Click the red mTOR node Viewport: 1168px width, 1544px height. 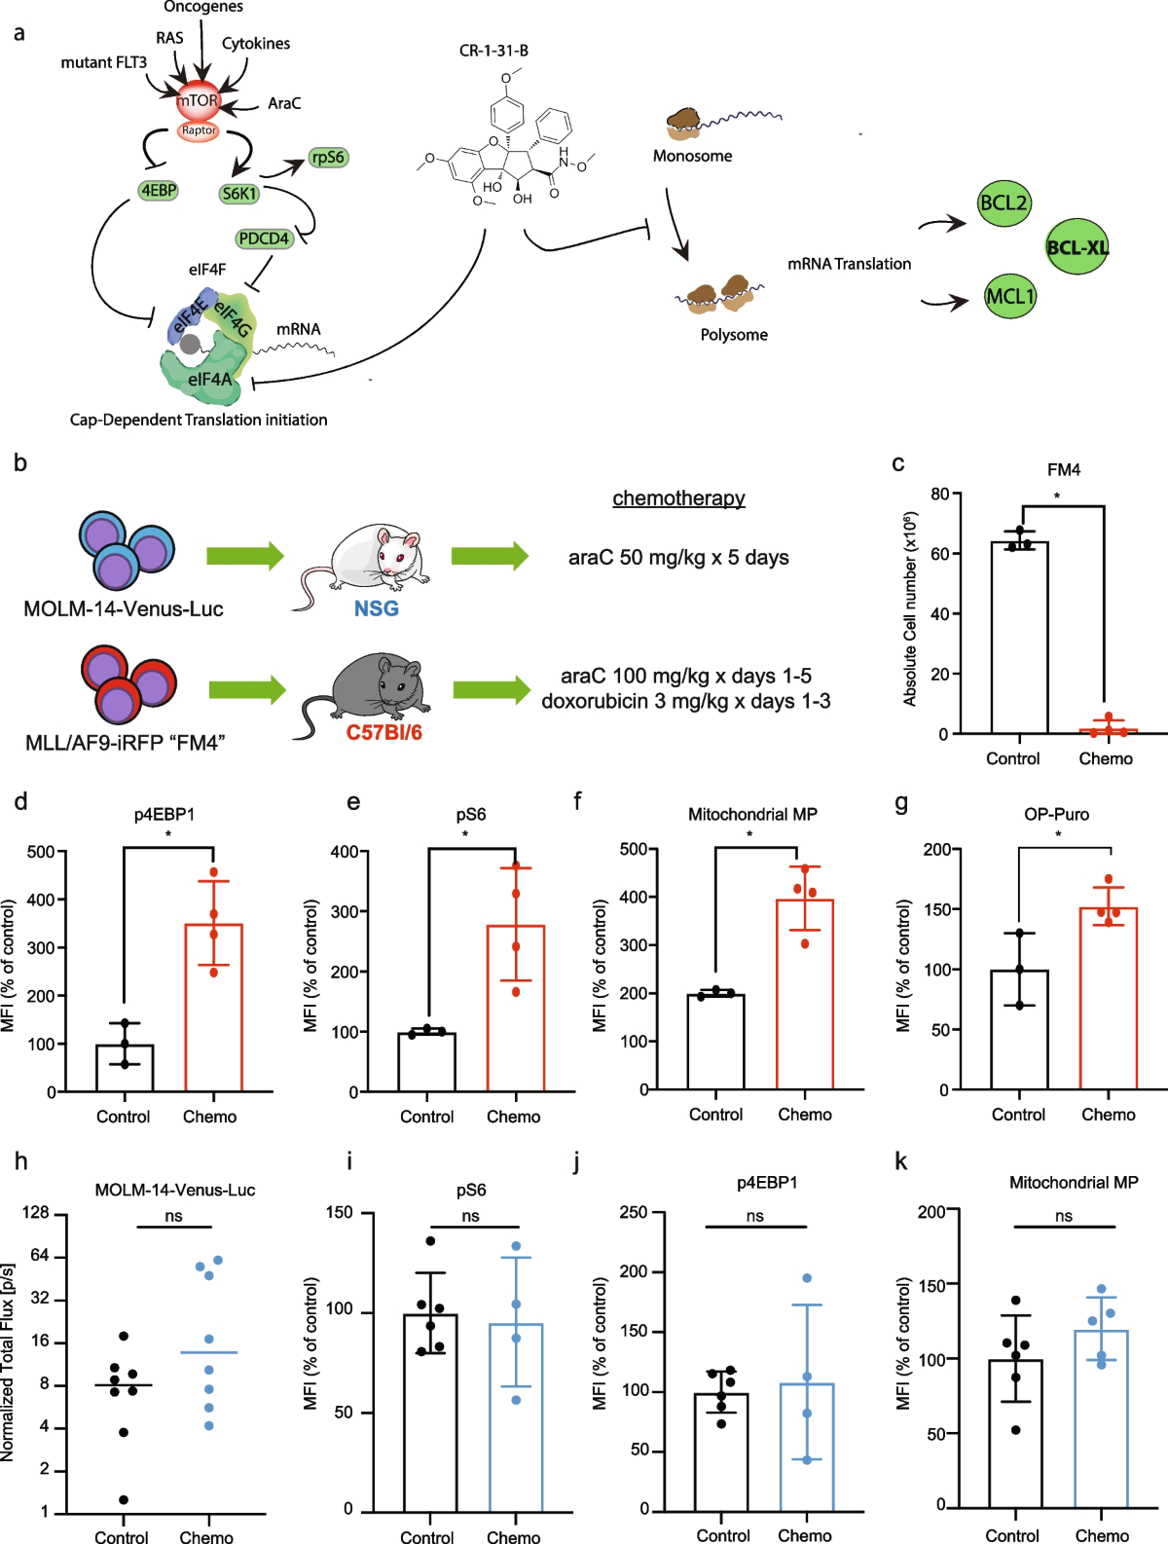[x=198, y=100]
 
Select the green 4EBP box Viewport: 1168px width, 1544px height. [x=158, y=191]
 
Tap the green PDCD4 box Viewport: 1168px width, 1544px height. [x=264, y=239]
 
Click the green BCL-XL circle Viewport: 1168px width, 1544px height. [x=1077, y=247]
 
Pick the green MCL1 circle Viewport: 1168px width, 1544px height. [x=1010, y=296]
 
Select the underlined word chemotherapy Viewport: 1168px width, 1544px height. [x=678, y=498]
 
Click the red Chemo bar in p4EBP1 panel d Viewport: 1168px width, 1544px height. [x=213, y=1008]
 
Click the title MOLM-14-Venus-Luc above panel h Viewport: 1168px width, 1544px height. [x=175, y=1190]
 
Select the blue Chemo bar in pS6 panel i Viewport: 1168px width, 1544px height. [x=515, y=1416]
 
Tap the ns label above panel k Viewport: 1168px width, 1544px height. [x=1064, y=1216]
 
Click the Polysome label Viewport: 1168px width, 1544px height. [x=734, y=335]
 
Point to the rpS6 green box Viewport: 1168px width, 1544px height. [x=328, y=158]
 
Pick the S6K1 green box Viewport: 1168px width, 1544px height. [x=239, y=194]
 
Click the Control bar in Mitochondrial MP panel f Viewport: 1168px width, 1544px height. [x=715, y=1041]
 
